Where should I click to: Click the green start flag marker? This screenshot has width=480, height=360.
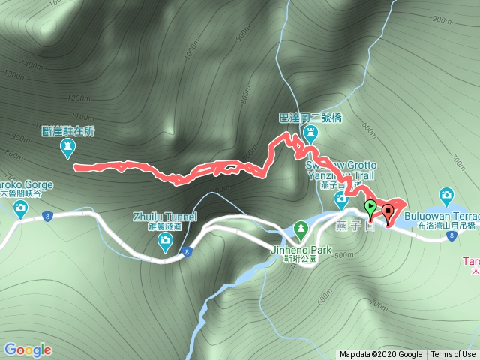click(370, 208)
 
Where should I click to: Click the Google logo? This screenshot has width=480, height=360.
click(28, 349)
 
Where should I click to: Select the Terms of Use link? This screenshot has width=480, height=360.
click(452, 355)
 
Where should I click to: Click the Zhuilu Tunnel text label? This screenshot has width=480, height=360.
click(165, 217)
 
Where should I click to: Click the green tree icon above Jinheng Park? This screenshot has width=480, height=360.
click(301, 226)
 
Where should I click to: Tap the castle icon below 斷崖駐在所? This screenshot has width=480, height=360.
click(67, 150)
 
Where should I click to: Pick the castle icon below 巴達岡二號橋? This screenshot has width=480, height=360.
click(310, 134)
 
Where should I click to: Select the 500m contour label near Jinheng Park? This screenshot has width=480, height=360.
click(344, 255)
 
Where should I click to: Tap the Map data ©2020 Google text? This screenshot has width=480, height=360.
click(380, 355)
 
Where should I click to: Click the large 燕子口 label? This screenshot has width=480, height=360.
click(355, 226)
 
